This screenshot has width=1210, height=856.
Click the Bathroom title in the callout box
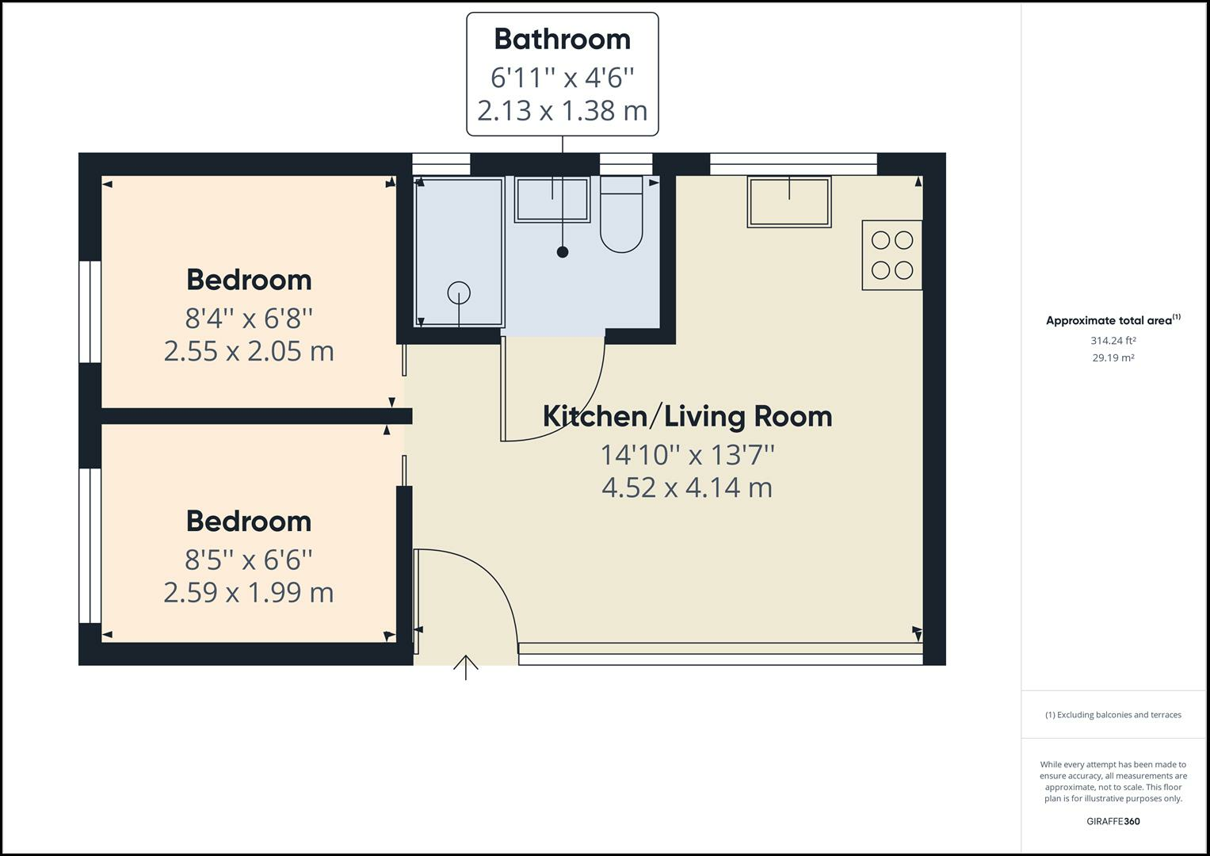[x=562, y=39]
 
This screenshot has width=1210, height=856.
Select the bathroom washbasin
[x=552, y=200]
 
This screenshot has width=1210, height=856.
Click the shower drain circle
[x=459, y=292]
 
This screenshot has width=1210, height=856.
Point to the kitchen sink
[x=789, y=201]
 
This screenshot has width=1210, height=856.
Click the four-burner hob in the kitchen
[x=892, y=255]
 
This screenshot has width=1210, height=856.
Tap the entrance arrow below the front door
[x=465, y=667]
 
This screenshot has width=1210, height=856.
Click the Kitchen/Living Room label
[x=687, y=416]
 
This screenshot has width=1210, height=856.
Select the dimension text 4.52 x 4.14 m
[x=687, y=487]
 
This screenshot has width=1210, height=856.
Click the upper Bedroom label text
[x=249, y=280]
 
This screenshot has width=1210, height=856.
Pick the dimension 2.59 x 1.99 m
[x=249, y=592]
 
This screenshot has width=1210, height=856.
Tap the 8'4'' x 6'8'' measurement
[x=249, y=319]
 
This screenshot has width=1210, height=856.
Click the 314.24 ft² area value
[x=1113, y=341]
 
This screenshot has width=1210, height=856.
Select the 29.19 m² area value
[x=1113, y=357]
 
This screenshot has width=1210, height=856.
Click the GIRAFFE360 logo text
[x=1113, y=821]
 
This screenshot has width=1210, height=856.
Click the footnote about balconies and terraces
[x=1113, y=715]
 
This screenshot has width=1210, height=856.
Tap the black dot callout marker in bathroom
[x=563, y=252]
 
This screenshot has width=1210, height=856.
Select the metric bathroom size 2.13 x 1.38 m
[x=562, y=110]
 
